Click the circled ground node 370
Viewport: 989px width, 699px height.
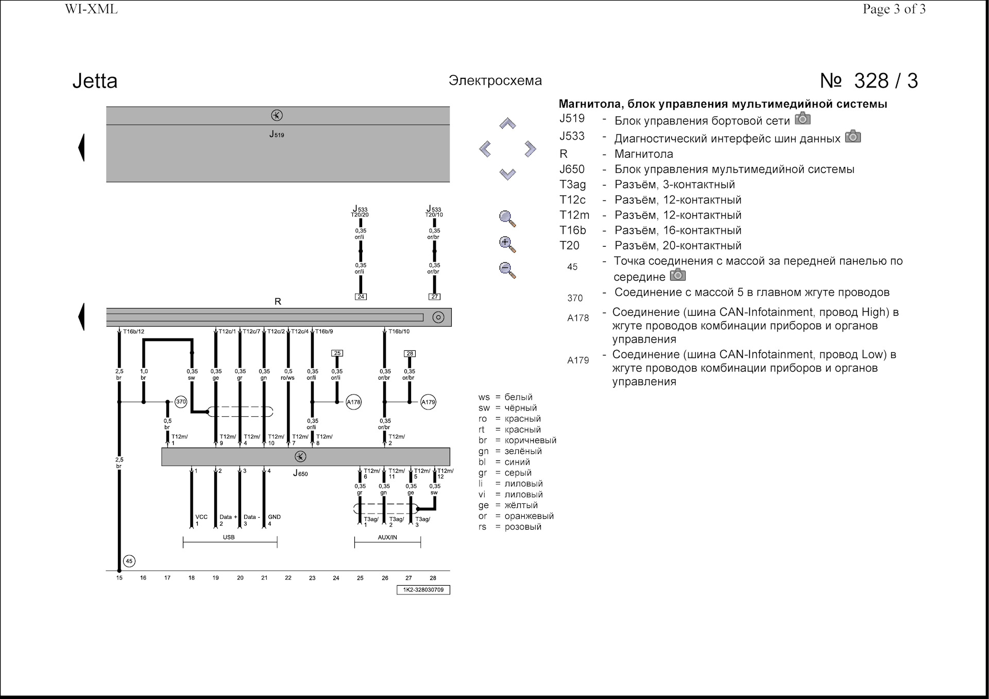(181, 402)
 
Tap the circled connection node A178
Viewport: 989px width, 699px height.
(353, 402)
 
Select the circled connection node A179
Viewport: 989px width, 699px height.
(429, 402)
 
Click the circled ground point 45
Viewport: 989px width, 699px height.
(129, 561)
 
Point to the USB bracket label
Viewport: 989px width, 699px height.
(229, 537)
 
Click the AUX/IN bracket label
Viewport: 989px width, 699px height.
(387, 537)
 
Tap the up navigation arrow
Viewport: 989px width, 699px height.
(507, 124)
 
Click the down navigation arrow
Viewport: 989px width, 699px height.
(507, 174)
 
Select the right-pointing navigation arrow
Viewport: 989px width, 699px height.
(531, 149)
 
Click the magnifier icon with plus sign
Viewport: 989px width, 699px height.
(507, 244)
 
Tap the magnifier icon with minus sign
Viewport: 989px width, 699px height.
(507, 270)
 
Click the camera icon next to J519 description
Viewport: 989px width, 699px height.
(803, 119)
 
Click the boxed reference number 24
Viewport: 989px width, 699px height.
(361, 297)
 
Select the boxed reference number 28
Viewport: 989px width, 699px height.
(410, 353)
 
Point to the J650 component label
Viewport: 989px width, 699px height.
(300, 473)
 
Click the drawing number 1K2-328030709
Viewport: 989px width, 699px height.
(423, 590)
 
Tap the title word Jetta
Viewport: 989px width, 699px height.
(95, 81)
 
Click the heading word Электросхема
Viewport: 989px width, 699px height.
(495, 80)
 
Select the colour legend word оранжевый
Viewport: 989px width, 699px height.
(529, 516)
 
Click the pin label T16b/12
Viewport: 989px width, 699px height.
(133, 332)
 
